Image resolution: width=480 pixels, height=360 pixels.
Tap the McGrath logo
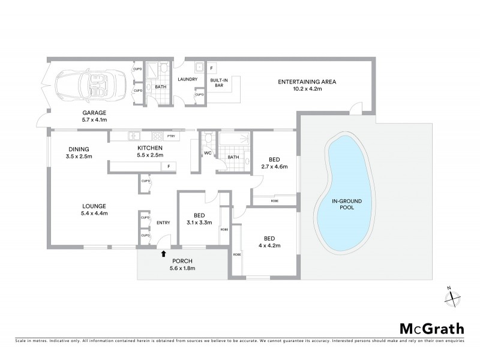pyautogui.click(x=431, y=328)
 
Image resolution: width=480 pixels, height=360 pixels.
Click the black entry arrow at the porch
pyautogui.click(x=163, y=253)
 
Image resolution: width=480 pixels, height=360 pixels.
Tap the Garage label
pyautogui.click(x=94, y=112)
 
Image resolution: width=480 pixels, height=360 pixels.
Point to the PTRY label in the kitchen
pyautogui.click(x=171, y=135)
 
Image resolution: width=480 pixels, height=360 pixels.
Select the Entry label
pyautogui.click(x=163, y=223)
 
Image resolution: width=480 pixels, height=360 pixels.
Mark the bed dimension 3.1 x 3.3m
pyautogui.click(x=199, y=223)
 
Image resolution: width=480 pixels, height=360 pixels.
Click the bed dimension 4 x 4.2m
pyautogui.click(x=269, y=245)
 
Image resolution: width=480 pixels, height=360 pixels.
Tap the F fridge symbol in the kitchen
pyautogui.click(x=169, y=166)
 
